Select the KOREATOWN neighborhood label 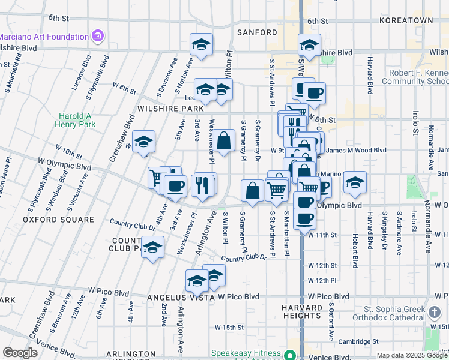pyautogui.click(x=406, y=20)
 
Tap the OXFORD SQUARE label pyautogui.click(x=59, y=220)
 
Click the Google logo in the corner pyautogui.click(x=20, y=353)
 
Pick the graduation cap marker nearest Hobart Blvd pyautogui.click(x=355, y=182)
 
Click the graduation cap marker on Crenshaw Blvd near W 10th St pyautogui.click(x=143, y=142)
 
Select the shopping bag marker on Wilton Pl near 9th pyautogui.click(x=224, y=142)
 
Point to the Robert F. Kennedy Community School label pyautogui.click(x=415, y=76)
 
